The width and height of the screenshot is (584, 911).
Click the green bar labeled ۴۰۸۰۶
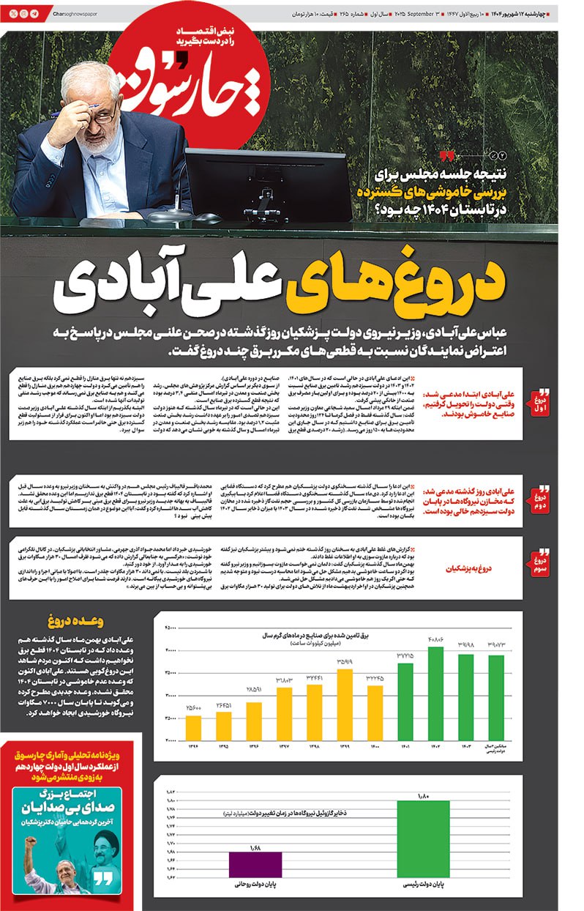pyautogui.click(x=435, y=693)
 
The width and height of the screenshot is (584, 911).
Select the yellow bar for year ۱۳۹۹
pyautogui.click(x=345, y=704)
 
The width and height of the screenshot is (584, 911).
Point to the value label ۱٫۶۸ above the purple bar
pyautogui.click(x=256, y=847)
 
